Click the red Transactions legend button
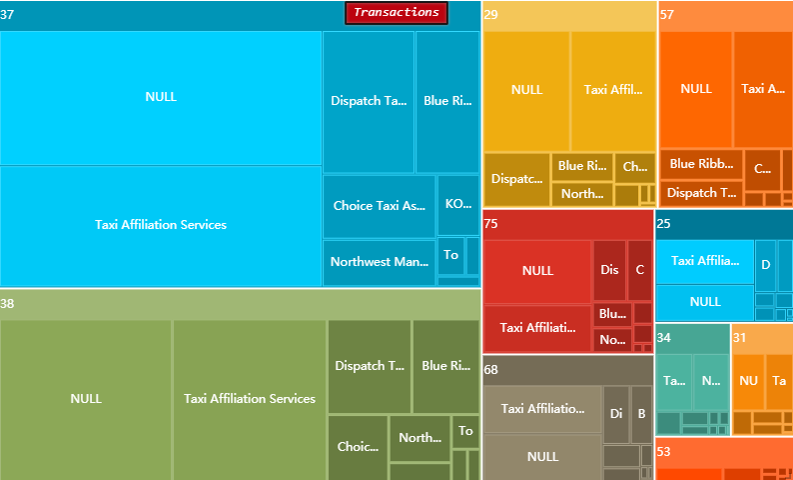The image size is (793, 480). coord(396,13)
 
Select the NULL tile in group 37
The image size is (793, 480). coord(161,97)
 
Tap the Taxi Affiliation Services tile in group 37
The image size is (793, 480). coord(161,225)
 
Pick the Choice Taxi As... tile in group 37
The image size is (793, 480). coord(380,206)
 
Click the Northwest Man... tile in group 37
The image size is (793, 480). coord(380,262)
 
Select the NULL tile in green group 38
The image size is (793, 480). coord(86,398)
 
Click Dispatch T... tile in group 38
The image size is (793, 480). coord(370,366)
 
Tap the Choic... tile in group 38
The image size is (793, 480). coord(357,447)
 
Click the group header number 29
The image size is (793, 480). coord(491,15)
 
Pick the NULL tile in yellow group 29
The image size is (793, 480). coord(526,90)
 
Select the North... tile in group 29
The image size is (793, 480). coord(581,194)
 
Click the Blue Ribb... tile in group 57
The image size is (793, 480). coord(701,164)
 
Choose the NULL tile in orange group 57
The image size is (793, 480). coord(696,89)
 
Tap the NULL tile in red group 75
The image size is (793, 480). coord(537,271)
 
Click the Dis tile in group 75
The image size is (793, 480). coord(609,270)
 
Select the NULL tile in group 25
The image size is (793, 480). coord(704,302)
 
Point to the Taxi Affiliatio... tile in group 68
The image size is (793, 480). coord(542,409)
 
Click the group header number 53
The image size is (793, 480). coord(665,452)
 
